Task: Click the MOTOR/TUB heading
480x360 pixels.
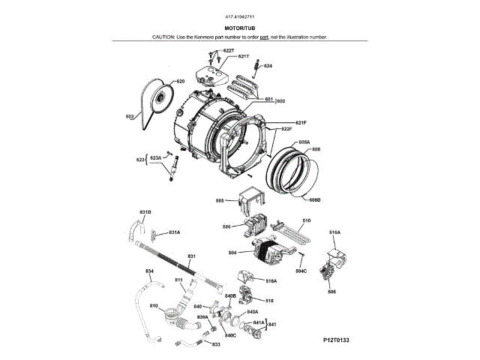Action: click(240, 27)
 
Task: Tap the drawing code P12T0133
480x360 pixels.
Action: click(337, 340)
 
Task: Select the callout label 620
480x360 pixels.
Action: click(180, 81)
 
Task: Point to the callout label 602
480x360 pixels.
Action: click(129, 116)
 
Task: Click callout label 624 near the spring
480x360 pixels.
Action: click(268, 66)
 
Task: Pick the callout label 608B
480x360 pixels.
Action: click(315, 199)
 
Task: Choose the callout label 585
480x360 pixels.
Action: click(220, 200)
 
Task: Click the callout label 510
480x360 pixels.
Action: click(306, 220)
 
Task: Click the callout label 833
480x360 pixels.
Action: click(216, 344)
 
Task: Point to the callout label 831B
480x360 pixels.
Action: click(145, 212)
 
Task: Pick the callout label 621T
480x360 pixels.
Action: click(243, 56)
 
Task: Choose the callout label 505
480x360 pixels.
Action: click(331, 292)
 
